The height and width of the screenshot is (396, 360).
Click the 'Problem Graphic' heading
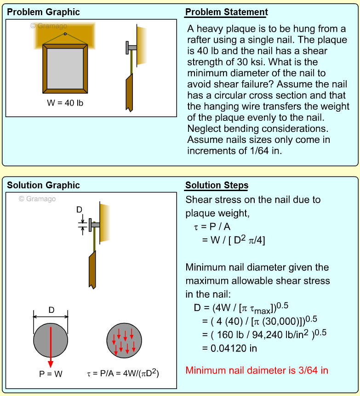pos(43,12)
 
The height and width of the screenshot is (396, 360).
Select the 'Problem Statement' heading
pos(226,12)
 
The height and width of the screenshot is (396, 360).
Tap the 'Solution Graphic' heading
pos(43,186)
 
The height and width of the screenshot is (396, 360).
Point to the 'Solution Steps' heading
pos(217,186)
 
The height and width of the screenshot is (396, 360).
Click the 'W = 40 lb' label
pos(65,103)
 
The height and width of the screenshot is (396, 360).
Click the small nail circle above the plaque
pos(65,34)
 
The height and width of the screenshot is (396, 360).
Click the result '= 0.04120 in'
pos(229,348)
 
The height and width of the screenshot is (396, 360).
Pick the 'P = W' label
pos(51,374)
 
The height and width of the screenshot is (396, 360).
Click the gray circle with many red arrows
pos(124,340)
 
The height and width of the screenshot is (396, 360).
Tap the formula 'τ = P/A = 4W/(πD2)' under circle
pos(124,374)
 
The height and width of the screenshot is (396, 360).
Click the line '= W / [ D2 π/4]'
pos(234,240)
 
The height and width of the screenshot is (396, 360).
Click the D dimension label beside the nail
pos(79,210)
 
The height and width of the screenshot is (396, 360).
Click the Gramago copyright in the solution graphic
pos(37,199)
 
